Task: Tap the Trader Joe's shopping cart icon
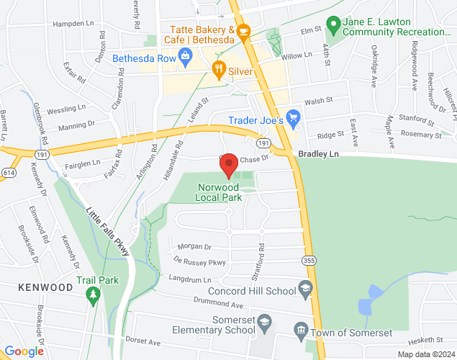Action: (x=293, y=117)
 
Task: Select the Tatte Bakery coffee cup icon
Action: (x=243, y=31)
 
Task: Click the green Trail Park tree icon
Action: (x=91, y=293)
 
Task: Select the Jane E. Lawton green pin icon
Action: (x=332, y=25)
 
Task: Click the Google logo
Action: (x=24, y=351)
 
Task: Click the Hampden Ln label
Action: (x=78, y=24)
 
